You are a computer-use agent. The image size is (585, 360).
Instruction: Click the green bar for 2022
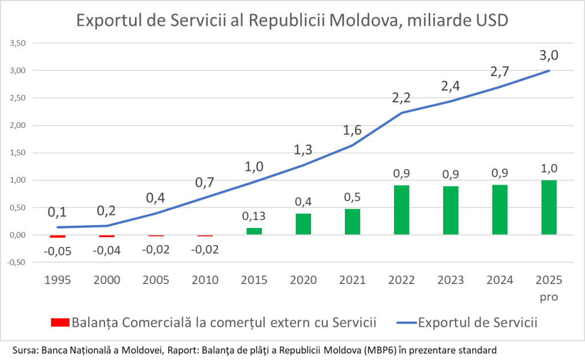pos(401,210)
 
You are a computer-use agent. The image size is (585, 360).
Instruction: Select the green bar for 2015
pos(254,231)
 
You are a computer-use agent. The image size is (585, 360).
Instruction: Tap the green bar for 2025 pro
pos(549,207)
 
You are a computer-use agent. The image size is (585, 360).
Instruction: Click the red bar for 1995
pos(58,236)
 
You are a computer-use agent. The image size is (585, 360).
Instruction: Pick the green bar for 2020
pos(303,224)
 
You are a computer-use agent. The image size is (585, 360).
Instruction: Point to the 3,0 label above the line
pos(549,55)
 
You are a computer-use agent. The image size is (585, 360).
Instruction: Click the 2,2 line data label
pos(401,97)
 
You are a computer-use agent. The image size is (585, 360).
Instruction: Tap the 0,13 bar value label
pos(254,217)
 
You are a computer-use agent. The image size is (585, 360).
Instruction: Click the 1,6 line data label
pos(352,131)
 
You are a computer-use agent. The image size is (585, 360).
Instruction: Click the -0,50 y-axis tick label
pos(17,263)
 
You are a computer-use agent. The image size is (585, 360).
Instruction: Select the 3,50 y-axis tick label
pos(18,43)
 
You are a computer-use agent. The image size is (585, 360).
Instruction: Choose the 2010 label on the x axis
pos(205,281)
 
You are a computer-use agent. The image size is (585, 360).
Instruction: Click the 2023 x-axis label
pos(451,281)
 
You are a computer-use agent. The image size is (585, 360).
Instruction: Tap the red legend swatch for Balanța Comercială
pos(59,322)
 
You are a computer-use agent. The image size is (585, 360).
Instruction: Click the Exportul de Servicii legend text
pos(478,322)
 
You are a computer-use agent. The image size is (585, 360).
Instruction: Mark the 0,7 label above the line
pos(205,183)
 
